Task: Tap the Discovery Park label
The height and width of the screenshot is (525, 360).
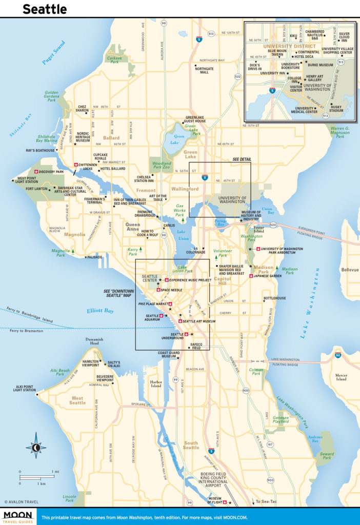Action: point(50,172)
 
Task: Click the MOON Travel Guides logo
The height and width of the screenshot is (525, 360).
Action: point(18,516)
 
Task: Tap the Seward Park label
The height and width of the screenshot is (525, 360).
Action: point(327,456)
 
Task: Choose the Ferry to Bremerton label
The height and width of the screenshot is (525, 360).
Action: point(24,332)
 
